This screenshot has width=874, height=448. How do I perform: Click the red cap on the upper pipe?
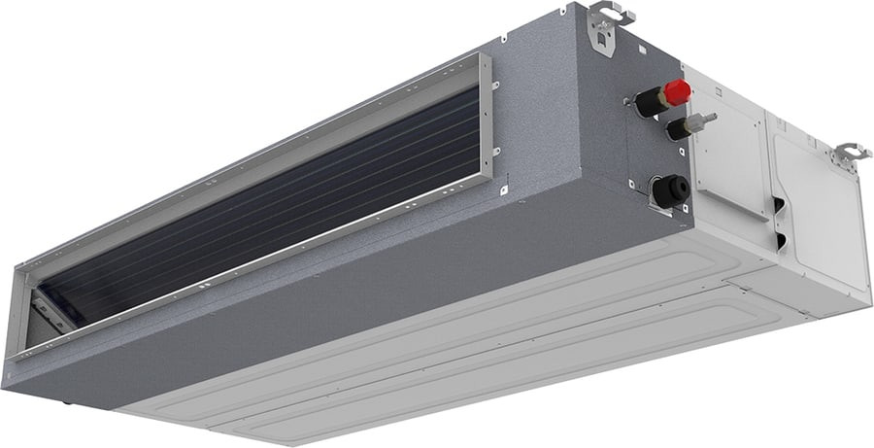(677, 92)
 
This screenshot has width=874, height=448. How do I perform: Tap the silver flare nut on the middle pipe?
(696, 122)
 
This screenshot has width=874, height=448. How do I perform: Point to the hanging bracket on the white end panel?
(850, 153)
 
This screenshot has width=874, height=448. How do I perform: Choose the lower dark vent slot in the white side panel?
(782, 239)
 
